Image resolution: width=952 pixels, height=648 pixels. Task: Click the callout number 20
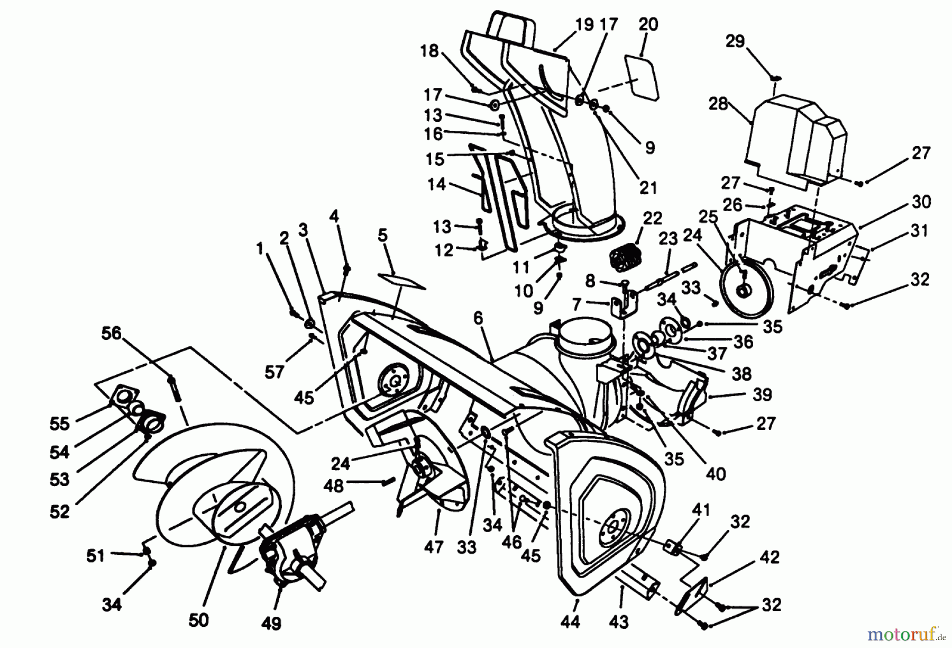[x=648, y=24]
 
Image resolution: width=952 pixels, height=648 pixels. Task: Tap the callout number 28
[x=718, y=104]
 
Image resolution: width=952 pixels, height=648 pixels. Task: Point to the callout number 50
[x=198, y=619]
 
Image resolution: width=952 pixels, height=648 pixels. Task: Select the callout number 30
[x=921, y=202]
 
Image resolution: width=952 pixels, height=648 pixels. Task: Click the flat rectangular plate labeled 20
[x=642, y=77]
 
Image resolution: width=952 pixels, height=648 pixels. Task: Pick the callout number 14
[x=436, y=184]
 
